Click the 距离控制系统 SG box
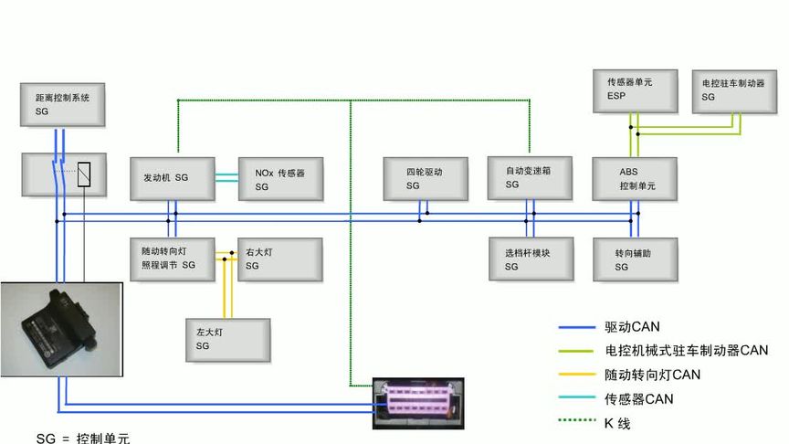pyautogui.click(x=63, y=103)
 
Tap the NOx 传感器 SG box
pyautogui.click(x=279, y=178)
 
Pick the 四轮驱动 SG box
pyautogui.click(x=426, y=177)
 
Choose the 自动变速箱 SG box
pyautogui.click(x=529, y=175)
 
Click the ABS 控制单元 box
pyautogui.click(x=635, y=177)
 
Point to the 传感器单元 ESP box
pyautogui.click(x=635, y=90)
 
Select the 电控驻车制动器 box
pyautogui.click(x=733, y=90)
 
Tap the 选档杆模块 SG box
pyautogui.click(x=531, y=259)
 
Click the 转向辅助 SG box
pyautogui.click(x=634, y=259)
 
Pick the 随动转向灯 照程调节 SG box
pyautogui.click(x=171, y=258)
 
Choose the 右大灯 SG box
pyautogui.click(x=279, y=259)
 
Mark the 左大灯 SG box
pyautogui.click(x=226, y=340)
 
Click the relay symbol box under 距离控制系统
pyautogui.click(x=63, y=174)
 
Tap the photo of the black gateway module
pyautogui.click(x=61, y=330)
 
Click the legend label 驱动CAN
pyautogui.click(x=632, y=327)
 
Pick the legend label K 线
pyautogui.click(x=617, y=423)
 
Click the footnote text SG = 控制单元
pyautogui.click(x=82, y=438)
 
